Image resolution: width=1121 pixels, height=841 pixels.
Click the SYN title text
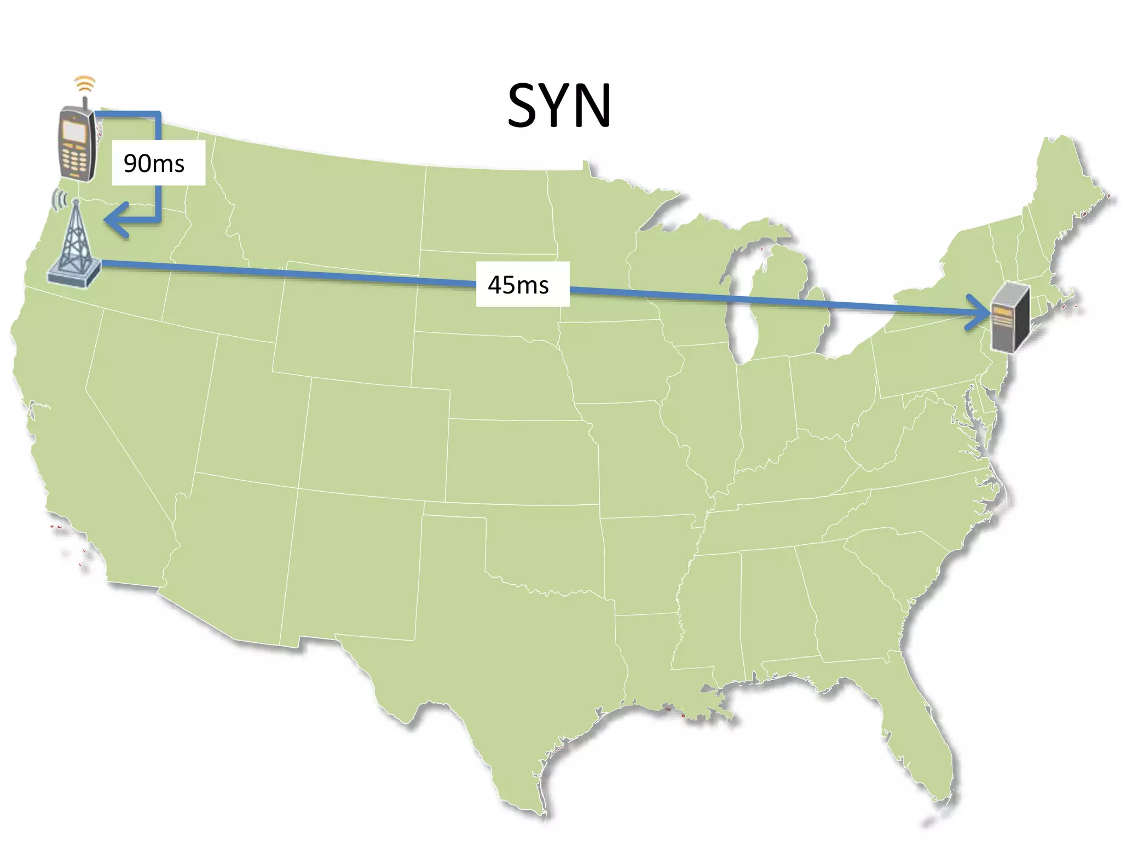pos(559,106)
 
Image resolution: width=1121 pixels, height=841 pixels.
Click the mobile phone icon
pos(77,143)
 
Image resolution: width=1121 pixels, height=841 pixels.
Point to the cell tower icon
pos(74,246)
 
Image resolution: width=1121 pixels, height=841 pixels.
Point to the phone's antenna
pos(85,103)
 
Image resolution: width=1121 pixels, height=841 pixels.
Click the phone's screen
pos(73,131)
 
